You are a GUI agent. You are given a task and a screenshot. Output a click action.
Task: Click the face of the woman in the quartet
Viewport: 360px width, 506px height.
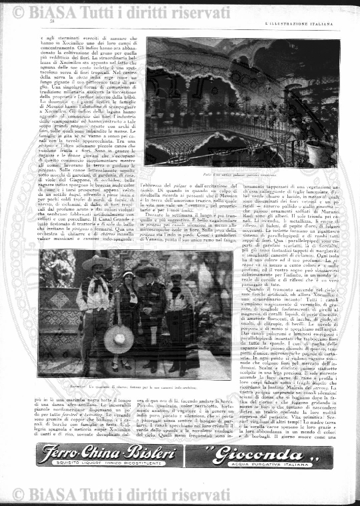tap(128, 280)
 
